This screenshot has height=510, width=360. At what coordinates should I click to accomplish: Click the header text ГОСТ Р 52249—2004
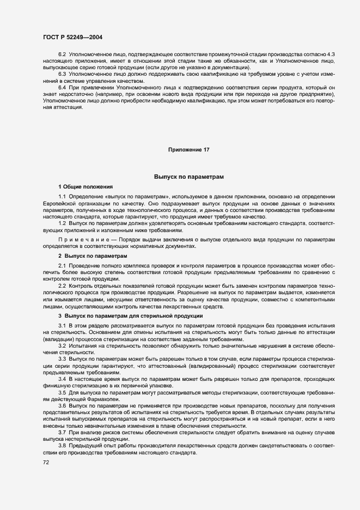[x=72, y=37]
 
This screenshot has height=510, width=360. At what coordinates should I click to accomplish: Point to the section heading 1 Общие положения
[x=86, y=186]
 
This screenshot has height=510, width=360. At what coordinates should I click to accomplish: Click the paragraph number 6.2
[x=62, y=55]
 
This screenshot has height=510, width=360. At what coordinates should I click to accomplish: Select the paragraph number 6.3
[x=62, y=74]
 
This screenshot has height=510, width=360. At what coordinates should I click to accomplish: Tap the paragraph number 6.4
[x=62, y=87]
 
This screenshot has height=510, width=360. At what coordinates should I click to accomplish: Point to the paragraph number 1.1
[x=62, y=196]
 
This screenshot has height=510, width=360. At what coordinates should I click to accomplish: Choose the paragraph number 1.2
[x=62, y=224]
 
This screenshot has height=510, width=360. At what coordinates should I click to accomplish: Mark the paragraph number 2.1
[x=62, y=265]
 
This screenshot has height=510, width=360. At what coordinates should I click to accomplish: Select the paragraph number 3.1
[x=62, y=325]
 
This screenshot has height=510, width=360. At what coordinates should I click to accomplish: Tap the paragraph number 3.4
[x=62, y=378]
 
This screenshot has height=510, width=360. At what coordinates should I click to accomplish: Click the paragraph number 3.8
[x=62, y=446]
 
